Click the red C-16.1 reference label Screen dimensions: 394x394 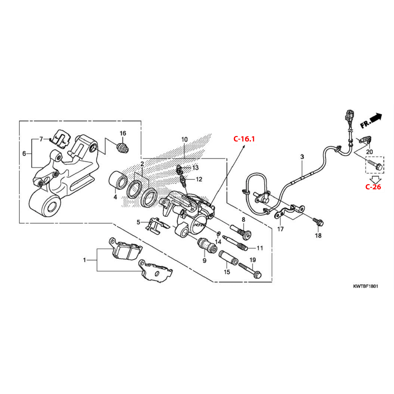(244, 139)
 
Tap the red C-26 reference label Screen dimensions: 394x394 (373, 187)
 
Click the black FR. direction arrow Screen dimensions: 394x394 (371, 121)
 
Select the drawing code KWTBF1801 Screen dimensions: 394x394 (365, 286)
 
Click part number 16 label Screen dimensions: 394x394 (123, 133)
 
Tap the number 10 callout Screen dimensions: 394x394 (184, 140)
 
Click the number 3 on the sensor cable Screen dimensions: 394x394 (302, 157)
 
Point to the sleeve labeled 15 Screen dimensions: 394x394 (228, 258)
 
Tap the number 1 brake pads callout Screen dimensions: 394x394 (85, 260)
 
